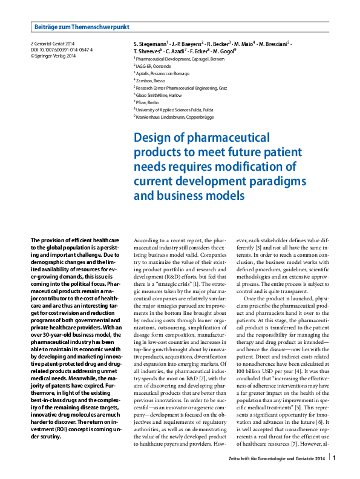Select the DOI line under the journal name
pos(61,50)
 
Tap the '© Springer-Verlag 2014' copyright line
pos(53,56)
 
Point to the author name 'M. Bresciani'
pos(273,45)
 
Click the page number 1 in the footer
pos(335,458)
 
